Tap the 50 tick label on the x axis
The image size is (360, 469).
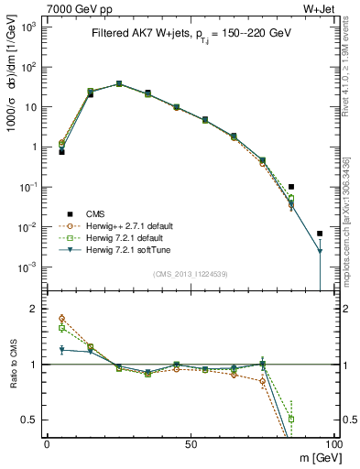(x=190, y=444)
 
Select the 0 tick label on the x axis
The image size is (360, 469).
(x=47, y=444)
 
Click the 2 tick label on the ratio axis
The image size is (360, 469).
(x=35, y=309)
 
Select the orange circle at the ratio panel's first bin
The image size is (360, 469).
(x=61, y=318)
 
